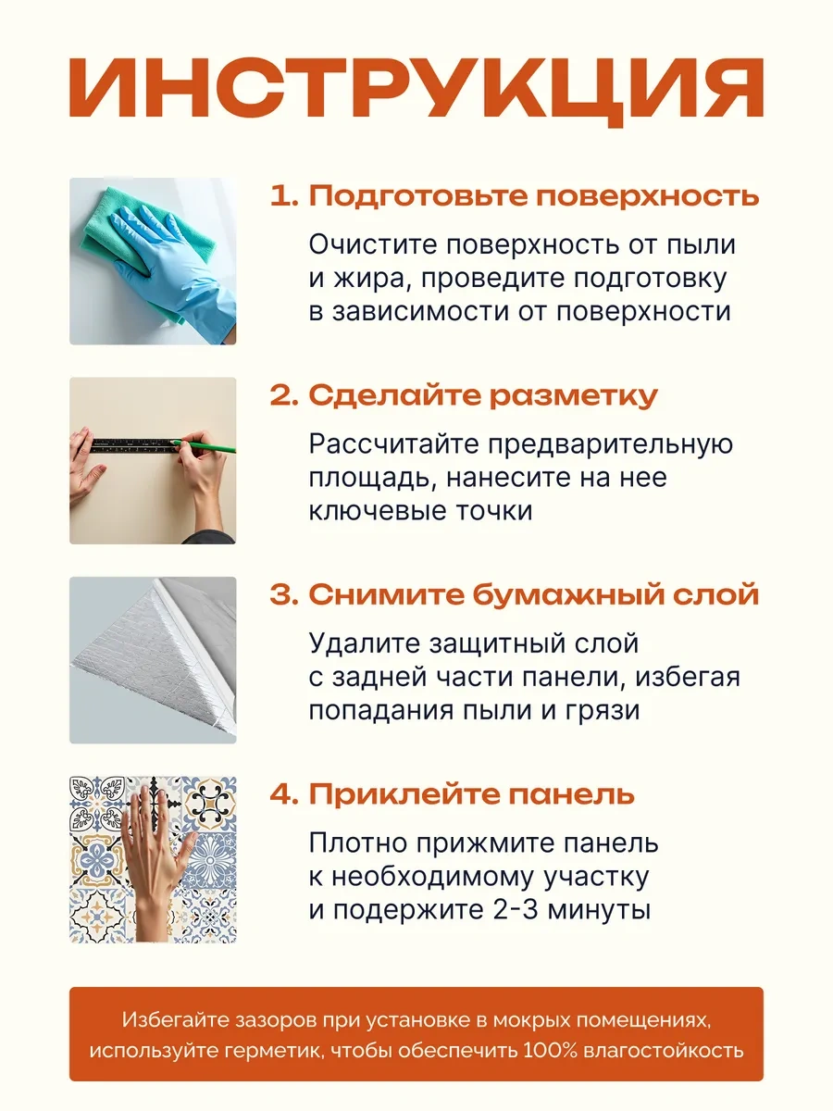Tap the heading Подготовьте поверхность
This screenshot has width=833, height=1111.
coord(534,195)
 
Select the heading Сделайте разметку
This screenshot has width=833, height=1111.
coord(483,395)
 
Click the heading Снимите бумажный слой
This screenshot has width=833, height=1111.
coord(534,594)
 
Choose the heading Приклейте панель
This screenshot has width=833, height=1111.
coord(472,794)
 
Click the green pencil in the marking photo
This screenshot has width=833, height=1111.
coord(204,445)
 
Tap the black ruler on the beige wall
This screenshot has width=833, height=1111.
coord(135,445)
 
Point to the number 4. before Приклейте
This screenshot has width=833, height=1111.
coord(284,794)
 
